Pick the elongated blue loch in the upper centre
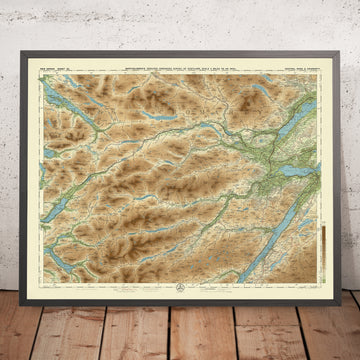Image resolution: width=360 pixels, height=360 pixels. tap(150, 115)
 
